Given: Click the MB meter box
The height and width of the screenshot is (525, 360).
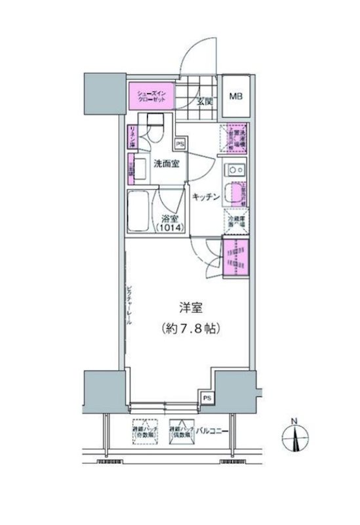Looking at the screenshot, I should [x=235, y=96].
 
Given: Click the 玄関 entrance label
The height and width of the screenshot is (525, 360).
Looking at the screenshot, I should [x=202, y=102].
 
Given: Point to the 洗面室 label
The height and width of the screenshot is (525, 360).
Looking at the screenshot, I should [x=167, y=164].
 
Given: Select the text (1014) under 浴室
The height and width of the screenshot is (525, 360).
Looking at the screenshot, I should [x=170, y=228].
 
